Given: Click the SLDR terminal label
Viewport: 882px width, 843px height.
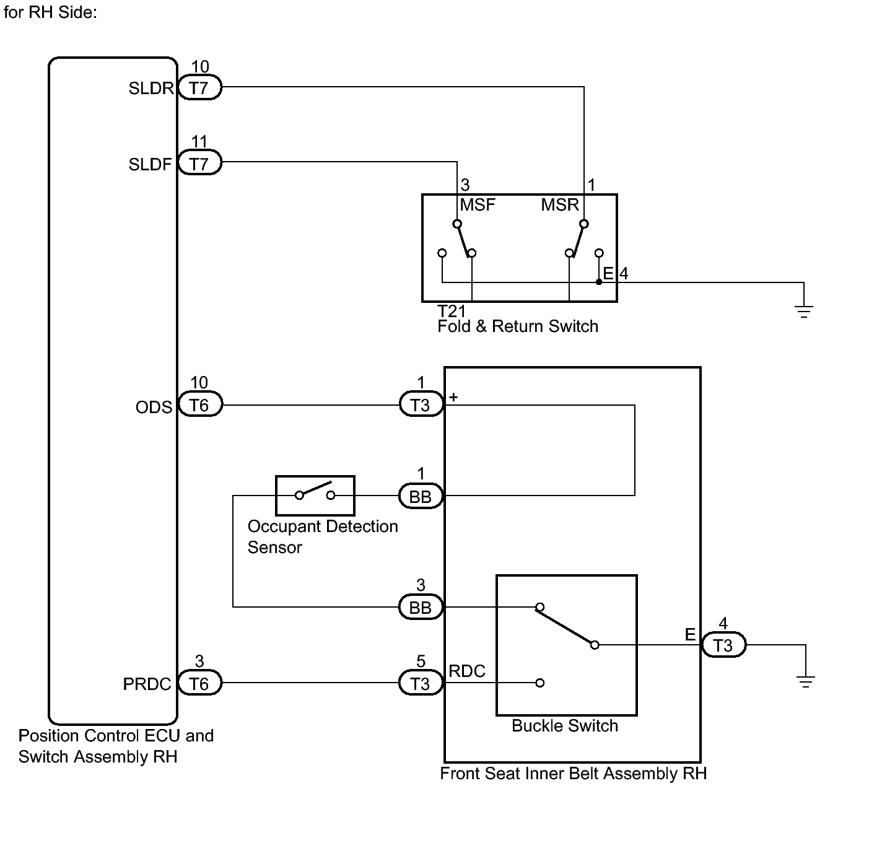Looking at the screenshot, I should click(151, 89).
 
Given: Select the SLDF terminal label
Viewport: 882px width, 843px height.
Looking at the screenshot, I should click(150, 164).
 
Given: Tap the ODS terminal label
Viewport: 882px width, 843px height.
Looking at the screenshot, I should click(154, 407).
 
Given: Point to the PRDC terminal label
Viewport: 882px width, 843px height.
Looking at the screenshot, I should click(147, 684).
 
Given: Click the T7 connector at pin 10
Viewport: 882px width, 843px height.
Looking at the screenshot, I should click(199, 88).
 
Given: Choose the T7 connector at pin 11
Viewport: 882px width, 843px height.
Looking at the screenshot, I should click(199, 164).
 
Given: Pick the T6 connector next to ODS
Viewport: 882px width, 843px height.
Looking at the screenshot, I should click(199, 405).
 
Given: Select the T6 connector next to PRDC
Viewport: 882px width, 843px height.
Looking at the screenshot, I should click(199, 683).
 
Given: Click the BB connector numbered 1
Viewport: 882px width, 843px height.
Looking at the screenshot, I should click(421, 497).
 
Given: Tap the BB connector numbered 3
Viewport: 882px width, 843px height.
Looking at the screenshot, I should click(421, 608).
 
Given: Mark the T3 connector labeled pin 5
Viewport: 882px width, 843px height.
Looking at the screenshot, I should click(421, 683).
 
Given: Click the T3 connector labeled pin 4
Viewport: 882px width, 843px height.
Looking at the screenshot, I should click(723, 645).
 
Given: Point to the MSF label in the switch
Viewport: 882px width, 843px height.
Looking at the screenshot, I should click(478, 205).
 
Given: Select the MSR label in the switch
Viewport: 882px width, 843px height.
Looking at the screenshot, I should click(559, 205).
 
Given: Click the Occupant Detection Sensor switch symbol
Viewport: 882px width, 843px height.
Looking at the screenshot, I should click(315, 496).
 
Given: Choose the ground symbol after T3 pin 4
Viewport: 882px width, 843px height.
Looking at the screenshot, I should click(806, 681).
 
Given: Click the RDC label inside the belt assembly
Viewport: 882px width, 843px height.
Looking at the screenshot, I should click(467, 671).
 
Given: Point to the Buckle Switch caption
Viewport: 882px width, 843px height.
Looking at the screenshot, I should click(565, 726).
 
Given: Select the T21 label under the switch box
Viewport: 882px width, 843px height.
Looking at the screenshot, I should click(451, 311).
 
